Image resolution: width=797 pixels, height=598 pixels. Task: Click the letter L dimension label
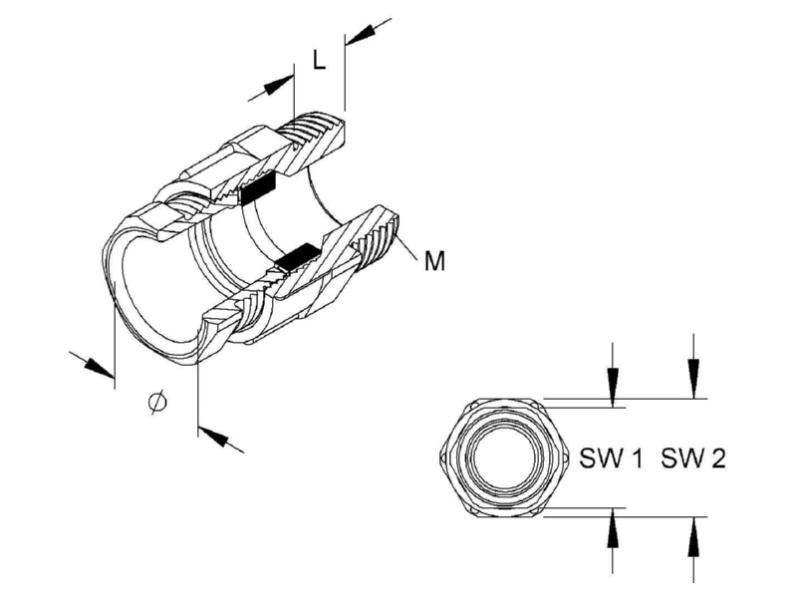[x=319, y=60]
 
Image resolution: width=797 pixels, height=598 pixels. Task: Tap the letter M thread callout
[x=434, y=261]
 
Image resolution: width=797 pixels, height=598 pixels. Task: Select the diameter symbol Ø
[x=157, y=402]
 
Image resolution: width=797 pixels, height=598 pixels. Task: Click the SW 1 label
[x=611, y=458]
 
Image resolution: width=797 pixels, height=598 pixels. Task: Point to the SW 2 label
[x=693, y=458]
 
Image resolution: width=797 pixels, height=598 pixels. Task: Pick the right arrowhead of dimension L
[x=362, y=34]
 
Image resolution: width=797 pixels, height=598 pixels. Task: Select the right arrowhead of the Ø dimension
[x=212, y=437]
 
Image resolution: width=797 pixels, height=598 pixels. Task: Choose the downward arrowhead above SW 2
[x=693, y=379]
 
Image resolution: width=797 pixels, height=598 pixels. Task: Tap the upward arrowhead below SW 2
[x=693, y=537]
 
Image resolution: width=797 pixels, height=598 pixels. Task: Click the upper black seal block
[x=258, y=187]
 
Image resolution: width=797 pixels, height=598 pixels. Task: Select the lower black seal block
[x=296, y=257]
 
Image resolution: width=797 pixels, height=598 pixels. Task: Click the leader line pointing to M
[x=409, y=248]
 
